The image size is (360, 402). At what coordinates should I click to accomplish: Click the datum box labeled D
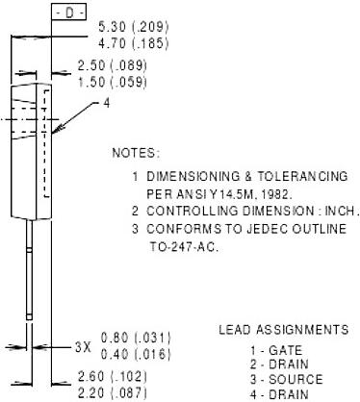[69, 13]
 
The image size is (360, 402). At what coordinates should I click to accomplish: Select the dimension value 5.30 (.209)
[133, 27]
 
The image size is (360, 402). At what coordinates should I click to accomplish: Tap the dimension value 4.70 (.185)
[133, 43]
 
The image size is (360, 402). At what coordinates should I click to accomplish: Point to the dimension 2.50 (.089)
[113, 65]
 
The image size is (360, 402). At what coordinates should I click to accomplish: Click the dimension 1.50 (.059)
[113, 82]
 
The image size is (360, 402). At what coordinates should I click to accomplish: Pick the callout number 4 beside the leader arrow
[107, 103]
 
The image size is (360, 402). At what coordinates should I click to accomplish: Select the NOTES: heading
[136, 153]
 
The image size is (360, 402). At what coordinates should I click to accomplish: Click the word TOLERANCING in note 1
[302, 176]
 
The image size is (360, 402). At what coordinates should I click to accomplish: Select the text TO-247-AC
[184, 247]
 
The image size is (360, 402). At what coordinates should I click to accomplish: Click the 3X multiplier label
[83, 347]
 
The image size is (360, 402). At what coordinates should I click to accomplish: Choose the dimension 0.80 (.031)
[136, 338]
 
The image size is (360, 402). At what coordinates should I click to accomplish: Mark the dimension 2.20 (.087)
[113, 393]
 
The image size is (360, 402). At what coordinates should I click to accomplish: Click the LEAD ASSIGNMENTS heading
[284, 330]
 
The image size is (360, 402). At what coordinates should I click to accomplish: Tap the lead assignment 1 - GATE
[276, 350]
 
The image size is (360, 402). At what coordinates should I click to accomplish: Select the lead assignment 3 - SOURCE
[287, 380]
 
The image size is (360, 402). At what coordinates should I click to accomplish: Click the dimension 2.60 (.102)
[113, 377]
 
